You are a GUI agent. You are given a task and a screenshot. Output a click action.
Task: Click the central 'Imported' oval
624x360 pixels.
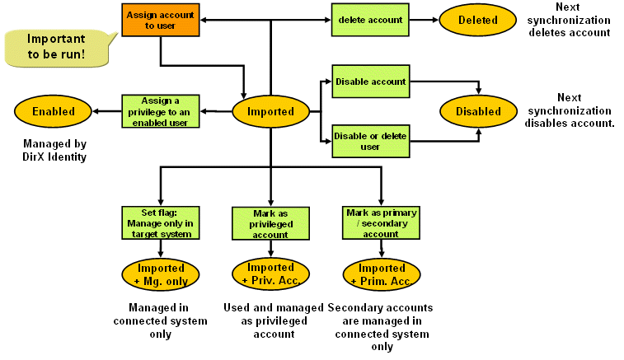coord(270,111)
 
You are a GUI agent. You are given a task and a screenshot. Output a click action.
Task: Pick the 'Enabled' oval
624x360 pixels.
coord(54,111)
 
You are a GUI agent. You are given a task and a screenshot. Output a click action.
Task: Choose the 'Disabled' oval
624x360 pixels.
coord(478,111)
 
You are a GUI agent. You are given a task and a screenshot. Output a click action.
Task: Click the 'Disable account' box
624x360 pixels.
coord(370,82)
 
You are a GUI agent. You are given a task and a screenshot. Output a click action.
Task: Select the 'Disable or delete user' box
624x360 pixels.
coord(370,141)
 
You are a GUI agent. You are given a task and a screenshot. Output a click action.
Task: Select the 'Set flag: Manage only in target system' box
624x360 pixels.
coord(161,223)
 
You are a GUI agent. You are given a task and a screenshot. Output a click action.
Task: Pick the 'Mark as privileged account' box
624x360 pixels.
coord(270,223)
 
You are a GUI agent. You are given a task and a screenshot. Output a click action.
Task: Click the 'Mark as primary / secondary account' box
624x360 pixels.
coord(380,223)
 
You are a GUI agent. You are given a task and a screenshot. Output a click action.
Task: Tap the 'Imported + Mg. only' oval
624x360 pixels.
coord(162,274)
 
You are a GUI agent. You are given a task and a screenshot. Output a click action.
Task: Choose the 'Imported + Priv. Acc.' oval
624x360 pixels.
coord(270,274)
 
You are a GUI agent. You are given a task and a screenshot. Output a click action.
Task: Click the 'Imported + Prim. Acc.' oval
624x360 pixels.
coord(380,274)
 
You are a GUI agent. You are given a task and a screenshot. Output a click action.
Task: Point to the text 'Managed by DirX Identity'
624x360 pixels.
coord(54,150)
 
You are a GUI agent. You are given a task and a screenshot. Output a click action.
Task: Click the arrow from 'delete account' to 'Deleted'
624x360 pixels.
coord(423,20)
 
